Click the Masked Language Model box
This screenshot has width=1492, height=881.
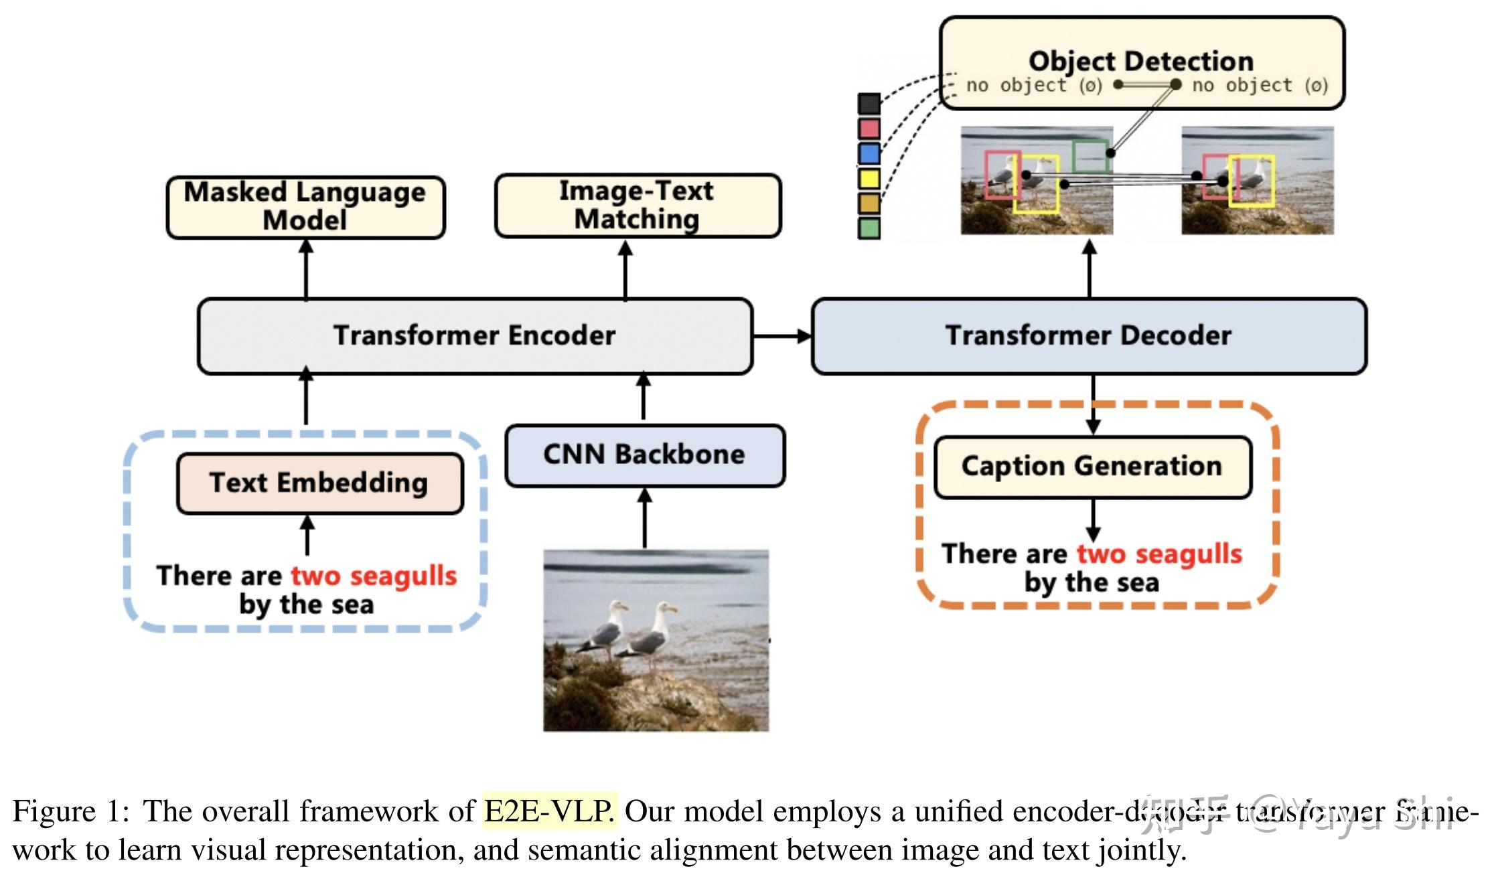click(x=305, y=207)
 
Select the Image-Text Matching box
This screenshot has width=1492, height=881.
click(x=638, y=206)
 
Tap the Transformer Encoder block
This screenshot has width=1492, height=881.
click(x=475, y=336)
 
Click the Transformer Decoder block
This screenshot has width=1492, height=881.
click(x=1089, y=336)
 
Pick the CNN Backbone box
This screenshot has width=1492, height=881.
click(x=645, y=455)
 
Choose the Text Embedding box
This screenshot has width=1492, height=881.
click(x=319, y=483)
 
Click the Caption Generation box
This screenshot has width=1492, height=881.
click(x=1092, y=467)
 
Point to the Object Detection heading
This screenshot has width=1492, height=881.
click(x=1141, y=61)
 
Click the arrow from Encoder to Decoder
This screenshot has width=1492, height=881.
click(x=781, y=336)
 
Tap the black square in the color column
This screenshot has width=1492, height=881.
click(x=869, y=103)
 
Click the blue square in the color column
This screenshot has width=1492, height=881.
click(x=869, y=153)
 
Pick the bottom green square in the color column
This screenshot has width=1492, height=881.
click(x=869, y=228)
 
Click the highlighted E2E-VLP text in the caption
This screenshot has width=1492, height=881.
click(x=549, y=811)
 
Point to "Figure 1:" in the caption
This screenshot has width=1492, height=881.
click(x=70, y=811)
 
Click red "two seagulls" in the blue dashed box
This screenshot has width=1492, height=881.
click(x=374, y=576)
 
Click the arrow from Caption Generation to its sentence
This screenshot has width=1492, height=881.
click(x=1093, y=520)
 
